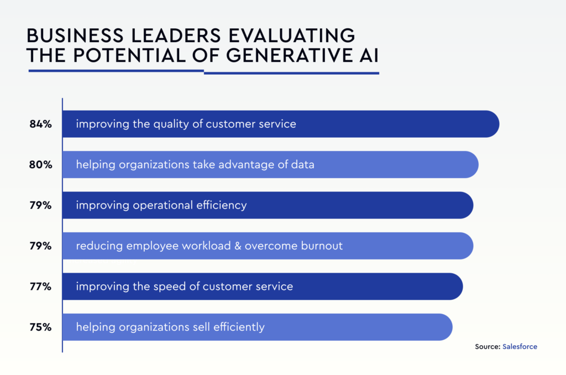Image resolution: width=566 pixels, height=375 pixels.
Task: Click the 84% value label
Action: [40, 124]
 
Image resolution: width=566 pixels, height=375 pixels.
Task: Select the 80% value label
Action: [40, 165]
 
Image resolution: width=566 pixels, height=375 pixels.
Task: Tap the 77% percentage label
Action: [40, 287]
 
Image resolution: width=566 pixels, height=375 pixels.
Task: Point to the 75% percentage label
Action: [40, 327]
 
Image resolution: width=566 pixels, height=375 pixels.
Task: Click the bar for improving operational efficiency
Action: [359, 205]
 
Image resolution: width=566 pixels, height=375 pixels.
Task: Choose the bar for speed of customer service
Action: [376, 287]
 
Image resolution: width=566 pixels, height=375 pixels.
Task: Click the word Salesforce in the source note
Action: [520, 347]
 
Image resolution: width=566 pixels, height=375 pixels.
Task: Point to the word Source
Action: [487, 347]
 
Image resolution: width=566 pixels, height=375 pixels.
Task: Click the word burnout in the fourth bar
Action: [322, 246]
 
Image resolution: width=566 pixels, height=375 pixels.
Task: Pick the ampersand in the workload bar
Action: [240, 246]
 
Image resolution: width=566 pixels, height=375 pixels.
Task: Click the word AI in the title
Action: [366, 55]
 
